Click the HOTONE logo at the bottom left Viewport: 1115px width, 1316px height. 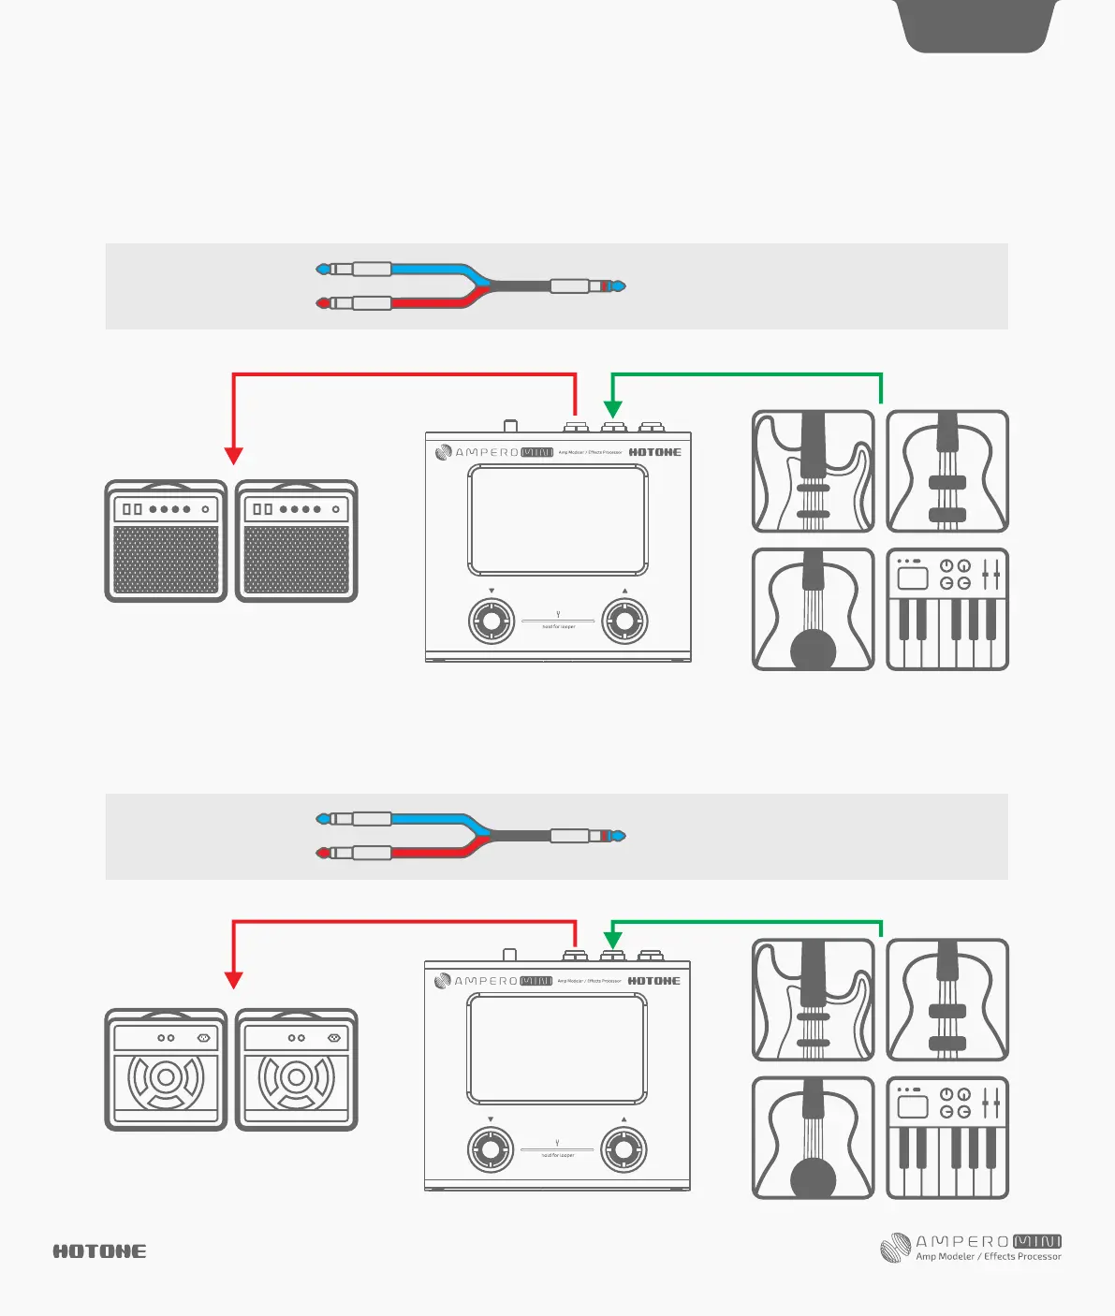[99, 1251]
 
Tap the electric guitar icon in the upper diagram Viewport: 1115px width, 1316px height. [813, 472]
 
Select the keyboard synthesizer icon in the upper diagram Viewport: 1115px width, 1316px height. [947, 609]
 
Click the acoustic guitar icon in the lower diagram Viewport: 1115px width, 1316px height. [813, 1137]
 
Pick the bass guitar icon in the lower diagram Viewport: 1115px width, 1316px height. [947, 1000]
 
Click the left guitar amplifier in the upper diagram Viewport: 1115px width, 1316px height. [166, 541]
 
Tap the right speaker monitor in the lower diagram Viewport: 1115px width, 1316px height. [296, 1070]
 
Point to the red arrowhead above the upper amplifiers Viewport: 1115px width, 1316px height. [234, 456]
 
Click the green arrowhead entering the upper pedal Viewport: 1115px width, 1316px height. [612, 409]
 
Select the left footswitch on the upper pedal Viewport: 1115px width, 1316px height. [491, 621]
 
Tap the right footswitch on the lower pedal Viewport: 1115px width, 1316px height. [624, 1149]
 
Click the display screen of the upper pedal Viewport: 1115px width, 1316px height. [558, 519]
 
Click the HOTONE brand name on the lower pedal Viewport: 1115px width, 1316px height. [654, 981]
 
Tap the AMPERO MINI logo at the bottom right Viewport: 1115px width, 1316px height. [971, 1248]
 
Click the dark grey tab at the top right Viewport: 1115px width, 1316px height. [976, 25]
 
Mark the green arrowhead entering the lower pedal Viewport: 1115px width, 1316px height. [612, 940]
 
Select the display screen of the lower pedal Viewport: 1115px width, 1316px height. [557, 1048]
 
